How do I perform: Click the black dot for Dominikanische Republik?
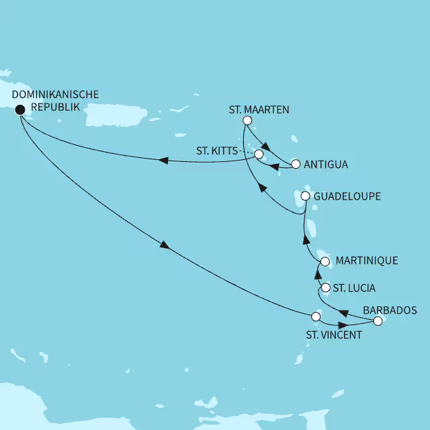(x=19, y=110)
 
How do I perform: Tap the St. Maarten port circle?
(x=247, y=121)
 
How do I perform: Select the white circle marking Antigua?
(x=295, y=164)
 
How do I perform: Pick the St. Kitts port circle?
(x=259, y=154)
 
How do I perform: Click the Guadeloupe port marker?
(x=305, y=196)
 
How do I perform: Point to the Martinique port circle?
(x=325, y=261)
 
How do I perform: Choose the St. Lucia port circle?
(x=326, y=288)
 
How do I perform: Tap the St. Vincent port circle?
(x=316, y=316)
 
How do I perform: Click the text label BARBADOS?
(x=389, y=310)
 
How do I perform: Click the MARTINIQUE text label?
(x=367, y=260)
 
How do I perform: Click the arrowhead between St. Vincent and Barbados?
(x=344, y=327)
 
